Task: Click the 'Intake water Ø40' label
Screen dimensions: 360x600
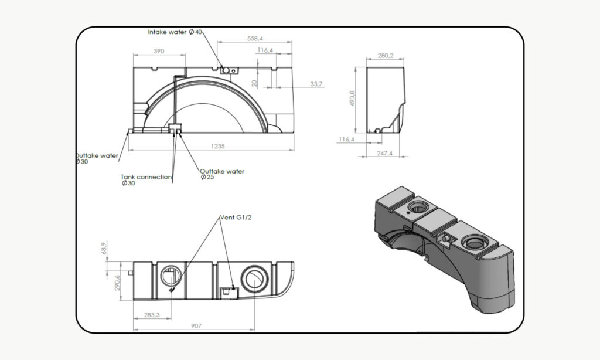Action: click(175, 32)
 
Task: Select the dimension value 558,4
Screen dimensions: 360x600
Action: click(255, 38)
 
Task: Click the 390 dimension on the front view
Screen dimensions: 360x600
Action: click(159, 52)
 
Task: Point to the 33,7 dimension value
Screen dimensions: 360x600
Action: click(316, 85)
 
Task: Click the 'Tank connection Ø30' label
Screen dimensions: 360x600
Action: click(146, 179)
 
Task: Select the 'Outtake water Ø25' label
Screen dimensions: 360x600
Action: click(222, 174)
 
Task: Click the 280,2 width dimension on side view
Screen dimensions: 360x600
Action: click(386, 56)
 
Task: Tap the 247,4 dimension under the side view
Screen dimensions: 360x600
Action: click(385, 153)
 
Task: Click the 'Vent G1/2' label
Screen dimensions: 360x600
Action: click(233, 218)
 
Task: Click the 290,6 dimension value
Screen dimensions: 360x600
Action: click(117, 282)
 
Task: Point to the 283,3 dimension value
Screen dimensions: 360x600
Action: click(151, 315)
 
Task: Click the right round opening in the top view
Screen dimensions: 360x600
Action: click(255, 277)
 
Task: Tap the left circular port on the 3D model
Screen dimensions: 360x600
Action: click(419, 206)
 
